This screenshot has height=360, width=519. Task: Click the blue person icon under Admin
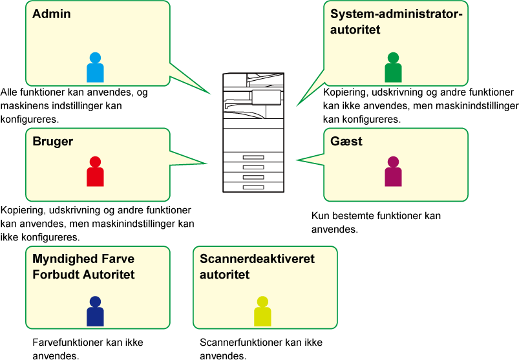pyautogui.click(x=95, y=68)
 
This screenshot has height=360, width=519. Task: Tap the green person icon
pyautogui.click(x=393, y=68)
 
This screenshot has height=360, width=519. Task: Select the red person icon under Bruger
pyautogui.click(x=95, y=172)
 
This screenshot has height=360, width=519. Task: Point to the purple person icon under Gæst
pyautogui.click(x=393, y=172)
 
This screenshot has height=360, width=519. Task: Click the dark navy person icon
pyautogui.click(x=95, y=312)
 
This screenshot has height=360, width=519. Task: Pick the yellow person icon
pyautogui.click(x=262, y=312)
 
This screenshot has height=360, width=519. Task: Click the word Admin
pyautogui.click(x=52, y=14)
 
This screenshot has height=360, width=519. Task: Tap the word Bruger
pyautogui.click(x=53, y=142)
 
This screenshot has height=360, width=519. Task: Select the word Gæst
pyautogui.click(x=346, y=142)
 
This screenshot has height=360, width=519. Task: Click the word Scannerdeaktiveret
pyautogui.click(x=257, y=259)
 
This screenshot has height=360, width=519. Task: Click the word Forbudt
pyautogui.click(x=56, y=275)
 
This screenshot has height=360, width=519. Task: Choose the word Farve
pyautogui.click(x=118, y=259)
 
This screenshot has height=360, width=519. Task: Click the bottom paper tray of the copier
pyautogui.click(x=253, y=187)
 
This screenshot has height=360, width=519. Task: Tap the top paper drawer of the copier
pyautogui.click(x=253, y=157)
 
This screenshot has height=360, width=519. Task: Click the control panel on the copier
pyautogui.click(x=266, y=97)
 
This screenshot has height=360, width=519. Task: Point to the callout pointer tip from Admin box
pyautogui.click(x=211, y=94)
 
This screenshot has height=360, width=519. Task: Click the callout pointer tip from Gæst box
pyautogui.click(x=297, y=160)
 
